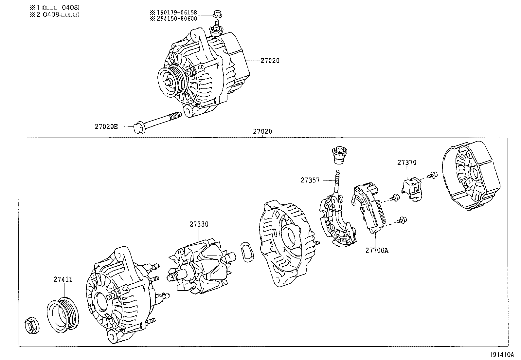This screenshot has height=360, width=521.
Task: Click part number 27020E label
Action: click(x=106, y=126)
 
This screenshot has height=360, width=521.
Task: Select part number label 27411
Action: click(x=63, y=279)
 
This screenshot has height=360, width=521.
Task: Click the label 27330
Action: click(x=199, y=224)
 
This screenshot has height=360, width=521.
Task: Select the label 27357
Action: click(x=310, y=180)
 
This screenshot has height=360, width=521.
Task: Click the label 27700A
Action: click(x=377, y=250)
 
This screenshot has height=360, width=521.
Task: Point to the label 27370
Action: click(x=407, y=162)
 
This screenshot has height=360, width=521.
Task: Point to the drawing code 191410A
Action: click(x=502, y=354)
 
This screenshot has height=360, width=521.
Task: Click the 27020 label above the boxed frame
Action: click(x=262, y=131)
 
